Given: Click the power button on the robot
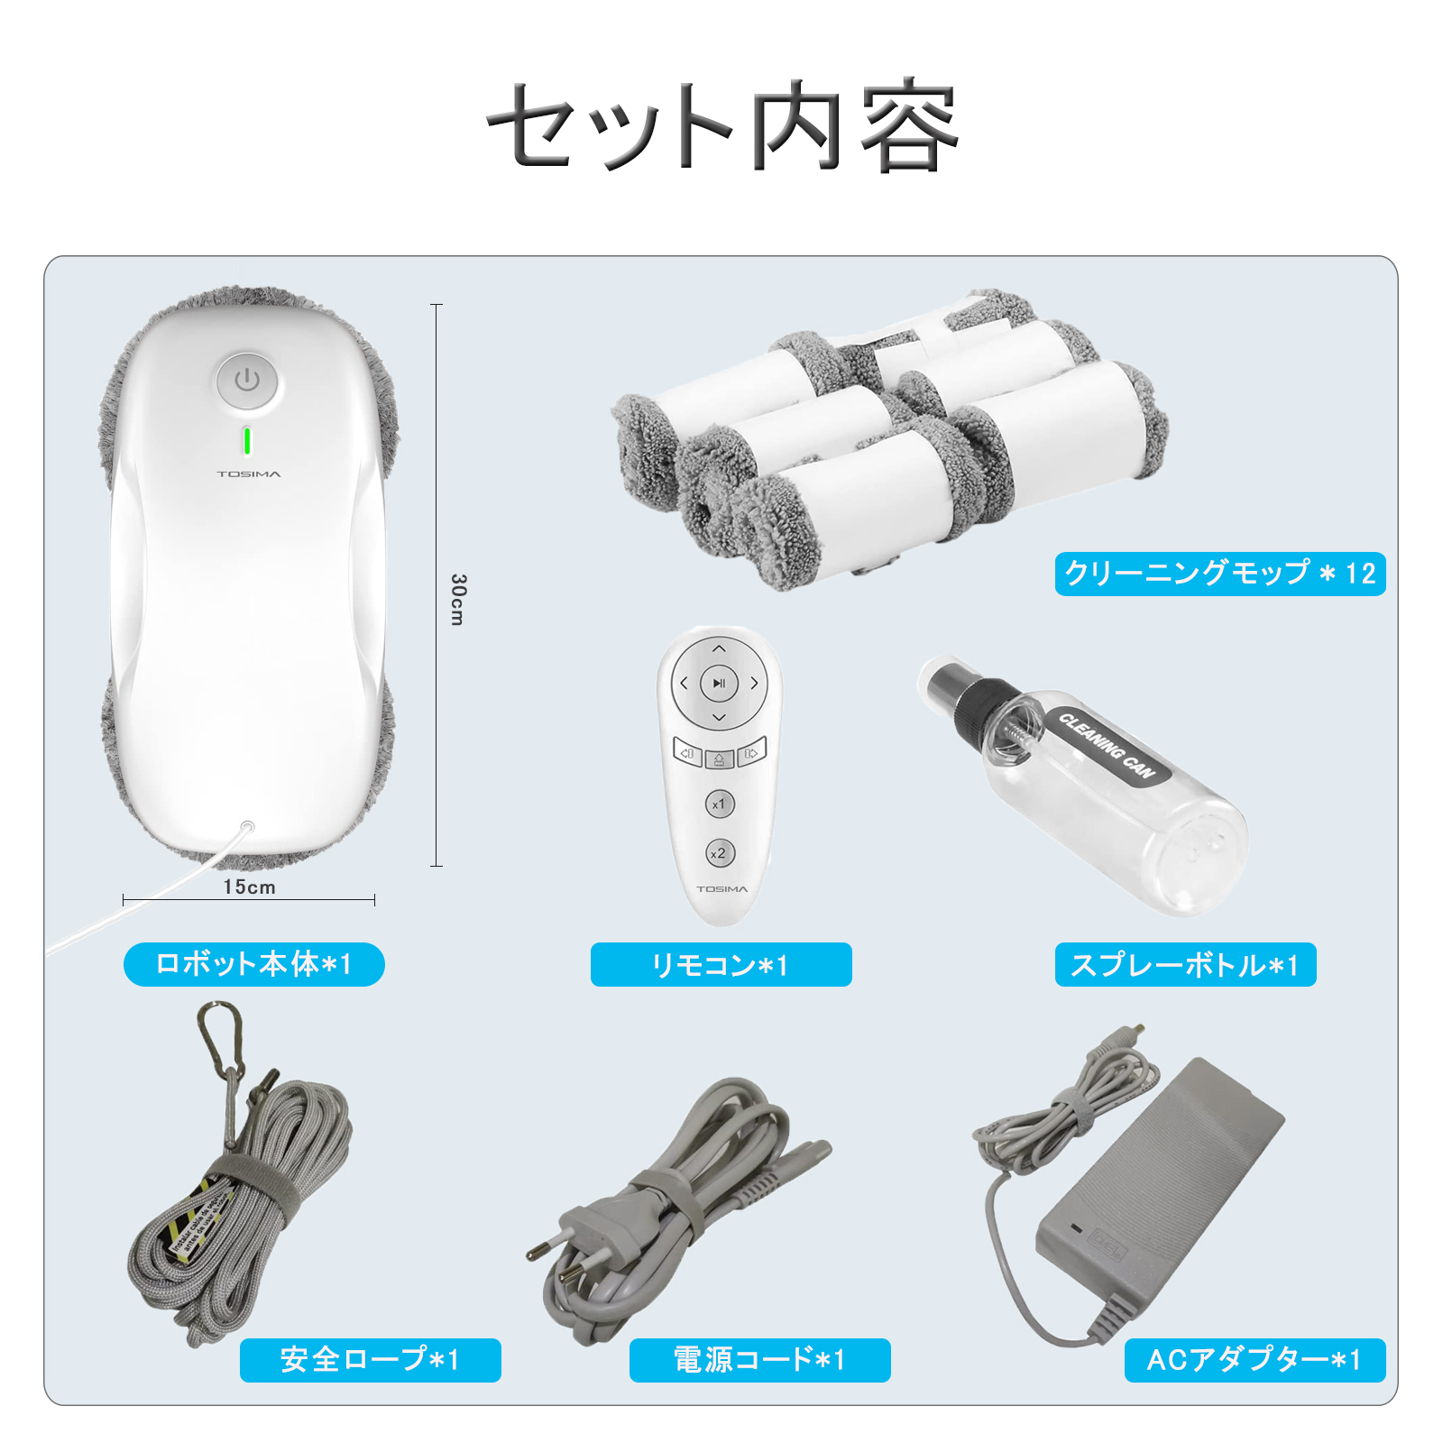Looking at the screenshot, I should (x=247, y=381).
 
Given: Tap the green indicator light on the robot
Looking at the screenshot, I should (x=246, y=441).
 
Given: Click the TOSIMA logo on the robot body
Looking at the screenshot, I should (x=249, y=473).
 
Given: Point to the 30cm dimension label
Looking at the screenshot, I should (x=458, y=600).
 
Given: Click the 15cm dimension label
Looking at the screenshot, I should (x=250, y=887).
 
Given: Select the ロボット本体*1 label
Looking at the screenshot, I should (x=254, y=964).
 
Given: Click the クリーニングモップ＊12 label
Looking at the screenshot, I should (x=1219, y=574).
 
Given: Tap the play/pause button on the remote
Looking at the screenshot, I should (x=719, y=684).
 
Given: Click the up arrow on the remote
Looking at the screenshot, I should (x=719, y=648).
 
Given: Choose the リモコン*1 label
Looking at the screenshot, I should (x=721, y=965).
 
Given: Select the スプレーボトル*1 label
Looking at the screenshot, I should (x=1185, y=965).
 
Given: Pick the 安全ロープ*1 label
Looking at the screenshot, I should (x=370, y=1360).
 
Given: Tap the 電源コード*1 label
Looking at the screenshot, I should (x=759, y=1360).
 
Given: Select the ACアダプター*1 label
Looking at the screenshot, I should (x=1255, y=1360).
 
